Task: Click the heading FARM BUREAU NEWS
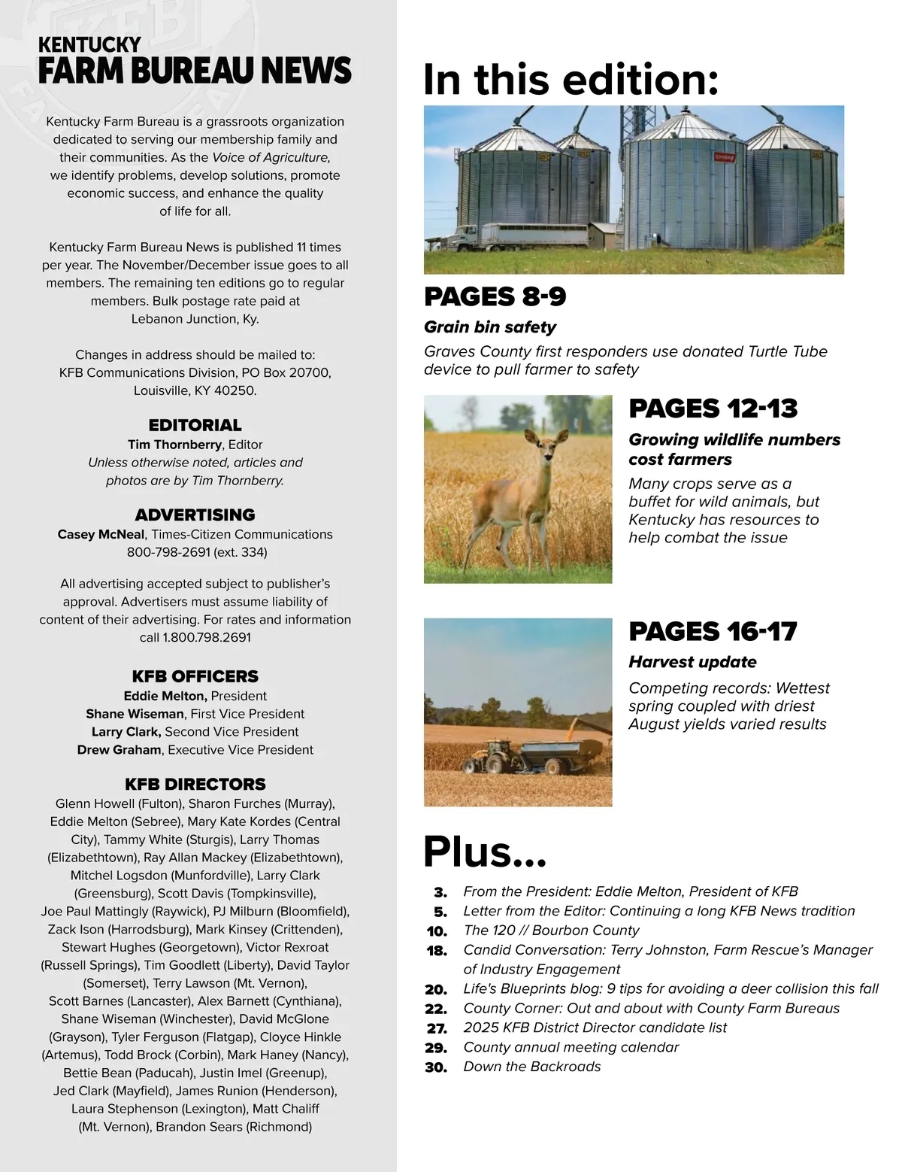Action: pos(195,71)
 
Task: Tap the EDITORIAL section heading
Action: pos(195,425)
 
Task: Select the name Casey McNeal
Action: pos(101,534)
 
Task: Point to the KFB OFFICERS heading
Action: pos(195,676)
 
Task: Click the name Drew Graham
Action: pos(119,750)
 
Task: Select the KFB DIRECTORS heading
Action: pos(195,784)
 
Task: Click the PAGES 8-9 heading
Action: pos(495,296)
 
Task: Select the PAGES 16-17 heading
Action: pos(712,631)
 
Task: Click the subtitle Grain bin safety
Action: pos(490,327)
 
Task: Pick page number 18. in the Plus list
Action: pos(437,950)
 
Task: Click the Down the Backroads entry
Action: pos(531,1067)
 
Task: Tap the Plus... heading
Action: pos(485,852)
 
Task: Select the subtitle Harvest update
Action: pos(692,662)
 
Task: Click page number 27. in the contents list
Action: pos(437,1028)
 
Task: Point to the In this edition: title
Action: pos(571,80)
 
